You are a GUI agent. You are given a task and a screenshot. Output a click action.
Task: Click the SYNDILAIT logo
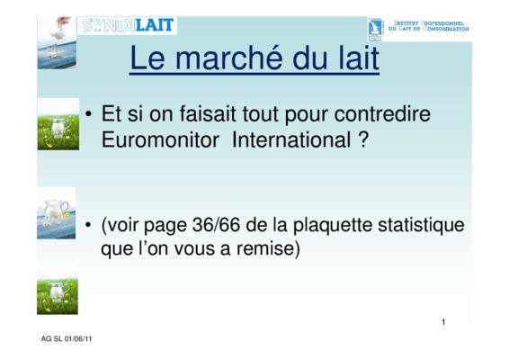point(128,25)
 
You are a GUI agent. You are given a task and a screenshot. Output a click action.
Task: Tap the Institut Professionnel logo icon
point(375,30)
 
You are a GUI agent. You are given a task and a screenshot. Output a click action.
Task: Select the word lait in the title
point(359,58)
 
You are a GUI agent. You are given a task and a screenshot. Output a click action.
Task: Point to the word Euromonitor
point(160,140)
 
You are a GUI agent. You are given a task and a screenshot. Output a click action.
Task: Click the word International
point(291,140)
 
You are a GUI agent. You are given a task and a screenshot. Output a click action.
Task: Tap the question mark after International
point(363,140)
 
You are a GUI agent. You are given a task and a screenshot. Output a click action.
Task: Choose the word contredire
point(382,113)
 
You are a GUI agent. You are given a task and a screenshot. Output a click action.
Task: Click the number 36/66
point(216,225)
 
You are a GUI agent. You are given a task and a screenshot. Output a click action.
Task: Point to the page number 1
point(443,322)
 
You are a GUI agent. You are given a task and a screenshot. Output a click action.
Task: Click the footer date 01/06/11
point(78,339)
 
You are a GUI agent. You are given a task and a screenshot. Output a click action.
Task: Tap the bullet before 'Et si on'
point(88,114)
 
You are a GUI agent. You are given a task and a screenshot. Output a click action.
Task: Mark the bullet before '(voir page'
point(88,225)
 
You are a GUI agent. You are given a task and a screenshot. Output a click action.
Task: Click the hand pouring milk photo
point(57,42)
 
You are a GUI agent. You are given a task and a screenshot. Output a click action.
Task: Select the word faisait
point(208,113)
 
